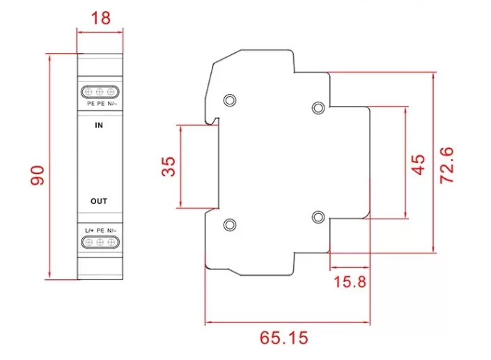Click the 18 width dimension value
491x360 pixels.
[100, 18]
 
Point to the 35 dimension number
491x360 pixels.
[169, 166]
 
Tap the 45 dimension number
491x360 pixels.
[417, 166]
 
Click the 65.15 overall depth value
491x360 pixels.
[284, 338]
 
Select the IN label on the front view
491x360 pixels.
[99, 127]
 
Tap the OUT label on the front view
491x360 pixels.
[99, 201]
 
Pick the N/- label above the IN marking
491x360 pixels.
[112, 104]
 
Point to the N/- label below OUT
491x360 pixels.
[111, 230]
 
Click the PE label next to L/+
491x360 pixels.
[100, 230]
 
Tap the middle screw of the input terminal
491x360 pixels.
[100, 91]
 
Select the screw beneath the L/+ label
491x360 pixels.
[88, 242]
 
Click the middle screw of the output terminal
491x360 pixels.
[100, 242]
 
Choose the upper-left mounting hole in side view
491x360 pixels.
[229, 100]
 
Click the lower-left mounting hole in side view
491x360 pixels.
[229, 224]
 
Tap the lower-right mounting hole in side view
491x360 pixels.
[318, 216]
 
